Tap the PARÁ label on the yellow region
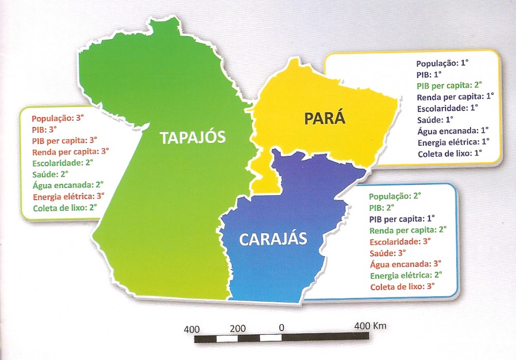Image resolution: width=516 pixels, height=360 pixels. click(x=325, y=120)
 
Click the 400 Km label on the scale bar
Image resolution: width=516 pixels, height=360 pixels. click(x=370, y=327)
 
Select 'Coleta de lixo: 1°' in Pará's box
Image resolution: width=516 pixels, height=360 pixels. click(x=449, y=153)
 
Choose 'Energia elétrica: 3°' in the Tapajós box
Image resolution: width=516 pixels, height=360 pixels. click(x=68, y=197)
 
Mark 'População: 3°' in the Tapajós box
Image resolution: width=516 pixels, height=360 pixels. click(x=58, y=118)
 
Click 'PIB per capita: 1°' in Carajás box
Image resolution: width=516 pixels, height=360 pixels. click(x=402, y=218)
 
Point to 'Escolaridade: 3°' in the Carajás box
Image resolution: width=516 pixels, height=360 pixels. click(x=400, y=242)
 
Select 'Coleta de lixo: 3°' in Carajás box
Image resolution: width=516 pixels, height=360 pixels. click(x=402, y=287)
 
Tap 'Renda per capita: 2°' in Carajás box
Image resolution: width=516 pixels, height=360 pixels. click(x=408, y=230)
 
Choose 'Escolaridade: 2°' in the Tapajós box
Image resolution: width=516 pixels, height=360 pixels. click(x=62, y=163)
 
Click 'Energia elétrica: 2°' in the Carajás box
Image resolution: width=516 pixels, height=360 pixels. click(x=406, y=275)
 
